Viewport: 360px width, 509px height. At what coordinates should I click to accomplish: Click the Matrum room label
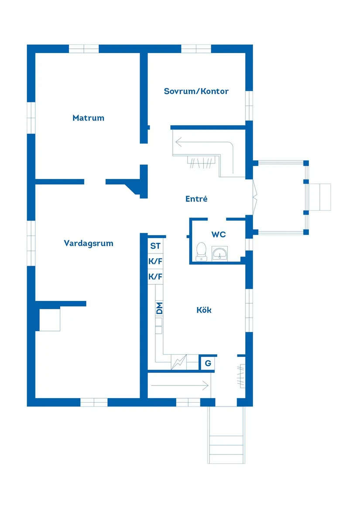[x=89, y=118]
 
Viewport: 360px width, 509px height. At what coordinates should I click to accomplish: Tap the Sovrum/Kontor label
[x=196, y=91]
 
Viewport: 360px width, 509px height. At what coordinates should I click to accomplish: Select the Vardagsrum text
[x=89, y=243]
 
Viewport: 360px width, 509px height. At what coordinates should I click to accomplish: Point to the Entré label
[x=196, y=199]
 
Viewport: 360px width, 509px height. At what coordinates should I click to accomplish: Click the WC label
[x=219, y=234]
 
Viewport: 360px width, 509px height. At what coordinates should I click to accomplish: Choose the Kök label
[x=204, y=310]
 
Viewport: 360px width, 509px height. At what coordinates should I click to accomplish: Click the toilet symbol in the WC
[x=201, y=252]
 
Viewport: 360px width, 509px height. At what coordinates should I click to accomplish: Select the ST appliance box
[x=155, y=246]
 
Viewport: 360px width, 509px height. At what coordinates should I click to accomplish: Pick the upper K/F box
[x=155, y=262]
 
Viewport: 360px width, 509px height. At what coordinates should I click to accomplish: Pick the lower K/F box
[x=155, y=277]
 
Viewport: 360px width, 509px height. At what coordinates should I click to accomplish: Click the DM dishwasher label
[x=159, y=308]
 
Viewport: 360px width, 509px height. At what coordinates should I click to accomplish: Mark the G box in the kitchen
[x=208, y=363]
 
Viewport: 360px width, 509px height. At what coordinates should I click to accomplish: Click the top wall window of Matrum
[x=84, y=48]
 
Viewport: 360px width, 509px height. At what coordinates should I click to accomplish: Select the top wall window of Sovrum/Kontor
[x=196, y=48]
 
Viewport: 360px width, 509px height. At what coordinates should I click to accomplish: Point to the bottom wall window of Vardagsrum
[x=94, y=402]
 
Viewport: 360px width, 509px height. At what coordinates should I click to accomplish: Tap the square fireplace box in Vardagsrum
[x=49, y=320]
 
